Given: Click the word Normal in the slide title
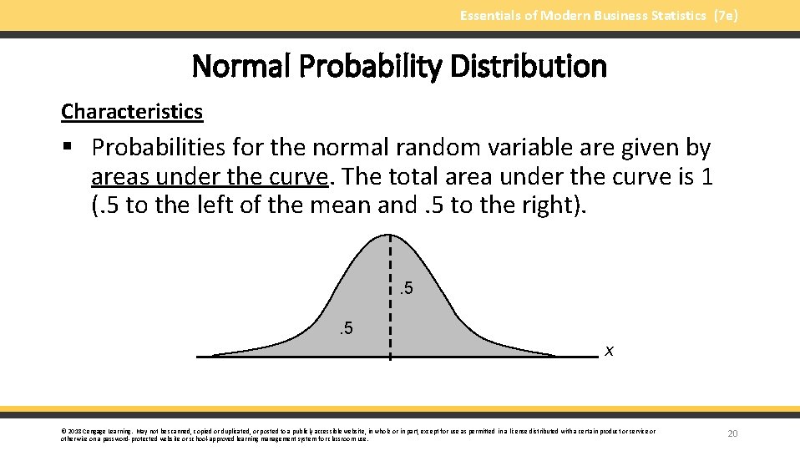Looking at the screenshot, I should (x=236, y=66).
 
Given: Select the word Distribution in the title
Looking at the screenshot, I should (x=529, y=66).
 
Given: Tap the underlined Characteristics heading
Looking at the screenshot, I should (x=132, y=111).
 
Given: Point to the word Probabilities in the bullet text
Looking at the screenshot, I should (x=159, y=148).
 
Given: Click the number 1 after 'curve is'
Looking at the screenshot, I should (x=706, y=177).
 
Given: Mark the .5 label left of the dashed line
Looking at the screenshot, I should (x=345, y=327).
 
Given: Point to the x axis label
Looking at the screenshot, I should (x=610, y=351).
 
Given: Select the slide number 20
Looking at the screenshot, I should (x=733, y=433).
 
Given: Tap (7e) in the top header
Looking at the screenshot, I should (x=725, y=15).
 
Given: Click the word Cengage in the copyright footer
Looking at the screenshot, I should (x=99, y=431).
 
